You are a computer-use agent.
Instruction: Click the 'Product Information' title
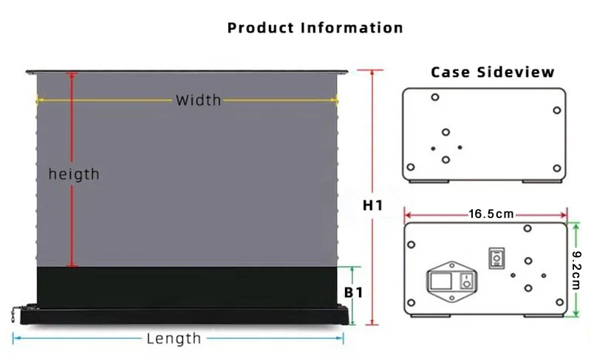315,28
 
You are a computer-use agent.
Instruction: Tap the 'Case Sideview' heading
492,72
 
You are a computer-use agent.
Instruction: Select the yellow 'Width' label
198,100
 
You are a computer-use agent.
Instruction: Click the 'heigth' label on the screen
74,174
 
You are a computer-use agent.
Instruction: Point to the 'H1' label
372,205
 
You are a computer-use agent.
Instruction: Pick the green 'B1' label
354,293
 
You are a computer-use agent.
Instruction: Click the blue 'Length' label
174,339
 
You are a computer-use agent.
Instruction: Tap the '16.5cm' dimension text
491,214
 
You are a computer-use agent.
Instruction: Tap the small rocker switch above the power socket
496,259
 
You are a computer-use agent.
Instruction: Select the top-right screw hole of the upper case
557,111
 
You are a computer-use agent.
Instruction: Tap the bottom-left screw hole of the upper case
411,168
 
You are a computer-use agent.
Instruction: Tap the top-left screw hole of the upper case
434,97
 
